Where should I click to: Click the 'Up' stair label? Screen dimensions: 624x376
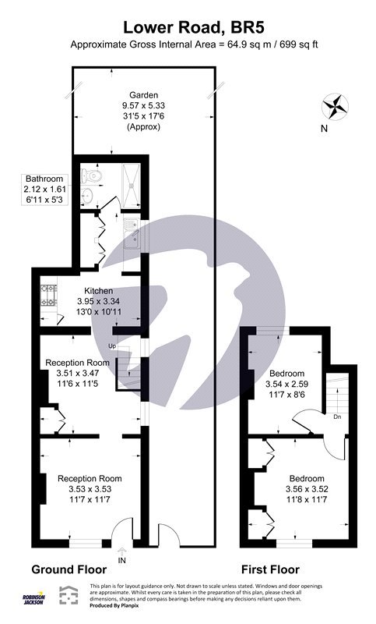pos(112,346)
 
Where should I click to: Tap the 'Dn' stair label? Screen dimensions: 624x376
pos(337,417)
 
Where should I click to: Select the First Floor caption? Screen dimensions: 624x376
pos(270,570)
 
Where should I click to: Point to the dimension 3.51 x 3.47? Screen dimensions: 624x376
pos(77,374)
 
